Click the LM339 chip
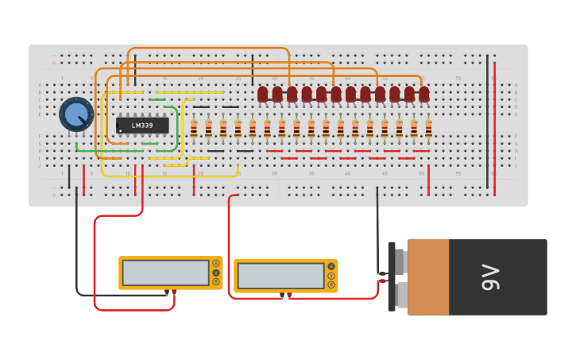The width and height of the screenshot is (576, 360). tap(142, 125)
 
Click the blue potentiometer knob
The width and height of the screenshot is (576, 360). tap(76, 114)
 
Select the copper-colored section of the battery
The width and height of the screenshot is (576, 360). tap(428, 277)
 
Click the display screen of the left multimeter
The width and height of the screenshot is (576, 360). tap(166, 273)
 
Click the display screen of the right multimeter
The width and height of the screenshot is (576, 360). tap(280, 276)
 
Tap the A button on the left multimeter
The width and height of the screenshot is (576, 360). tap(215, 263)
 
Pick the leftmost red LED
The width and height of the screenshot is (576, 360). tap(263, 95)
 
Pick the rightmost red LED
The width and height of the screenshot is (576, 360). tap(424, 95)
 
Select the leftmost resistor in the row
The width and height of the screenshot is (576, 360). tap(194, 128)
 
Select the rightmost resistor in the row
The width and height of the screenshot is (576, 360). tap(428, 128)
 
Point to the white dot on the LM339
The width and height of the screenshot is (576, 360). tap(121, 130)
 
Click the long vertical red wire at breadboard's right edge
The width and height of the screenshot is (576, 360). tap(495, 123)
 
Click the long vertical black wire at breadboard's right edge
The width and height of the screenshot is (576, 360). tap(487, 123)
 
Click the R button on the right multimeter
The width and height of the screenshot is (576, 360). tap(331, 285)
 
